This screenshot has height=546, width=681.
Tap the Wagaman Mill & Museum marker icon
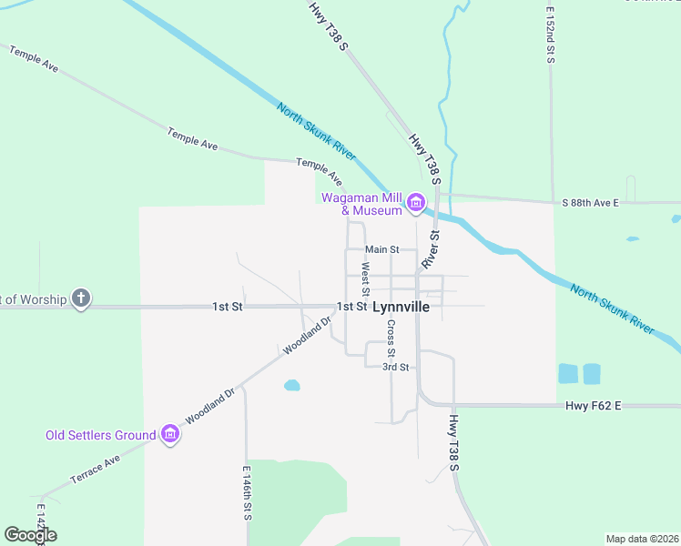pos(416,202)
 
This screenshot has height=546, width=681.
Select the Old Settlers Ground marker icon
pos(170,435)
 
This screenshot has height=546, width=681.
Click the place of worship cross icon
pos(81,298)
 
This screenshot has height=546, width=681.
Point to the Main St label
pos(382,249)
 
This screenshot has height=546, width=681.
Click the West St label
pos(364,279)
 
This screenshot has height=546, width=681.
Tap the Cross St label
pos(391,338)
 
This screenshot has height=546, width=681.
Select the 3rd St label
pos(395,367)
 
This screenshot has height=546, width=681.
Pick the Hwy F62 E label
pos(593,405)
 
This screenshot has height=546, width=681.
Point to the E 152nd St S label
pos(551,35)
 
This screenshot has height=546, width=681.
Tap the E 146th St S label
pos(247,493)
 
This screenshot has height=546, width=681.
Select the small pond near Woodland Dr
pos(291,385)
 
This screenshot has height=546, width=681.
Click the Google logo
pos(30,535)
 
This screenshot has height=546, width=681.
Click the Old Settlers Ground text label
pos(101,435)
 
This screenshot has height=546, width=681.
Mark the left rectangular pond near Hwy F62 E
pos(567,373)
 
